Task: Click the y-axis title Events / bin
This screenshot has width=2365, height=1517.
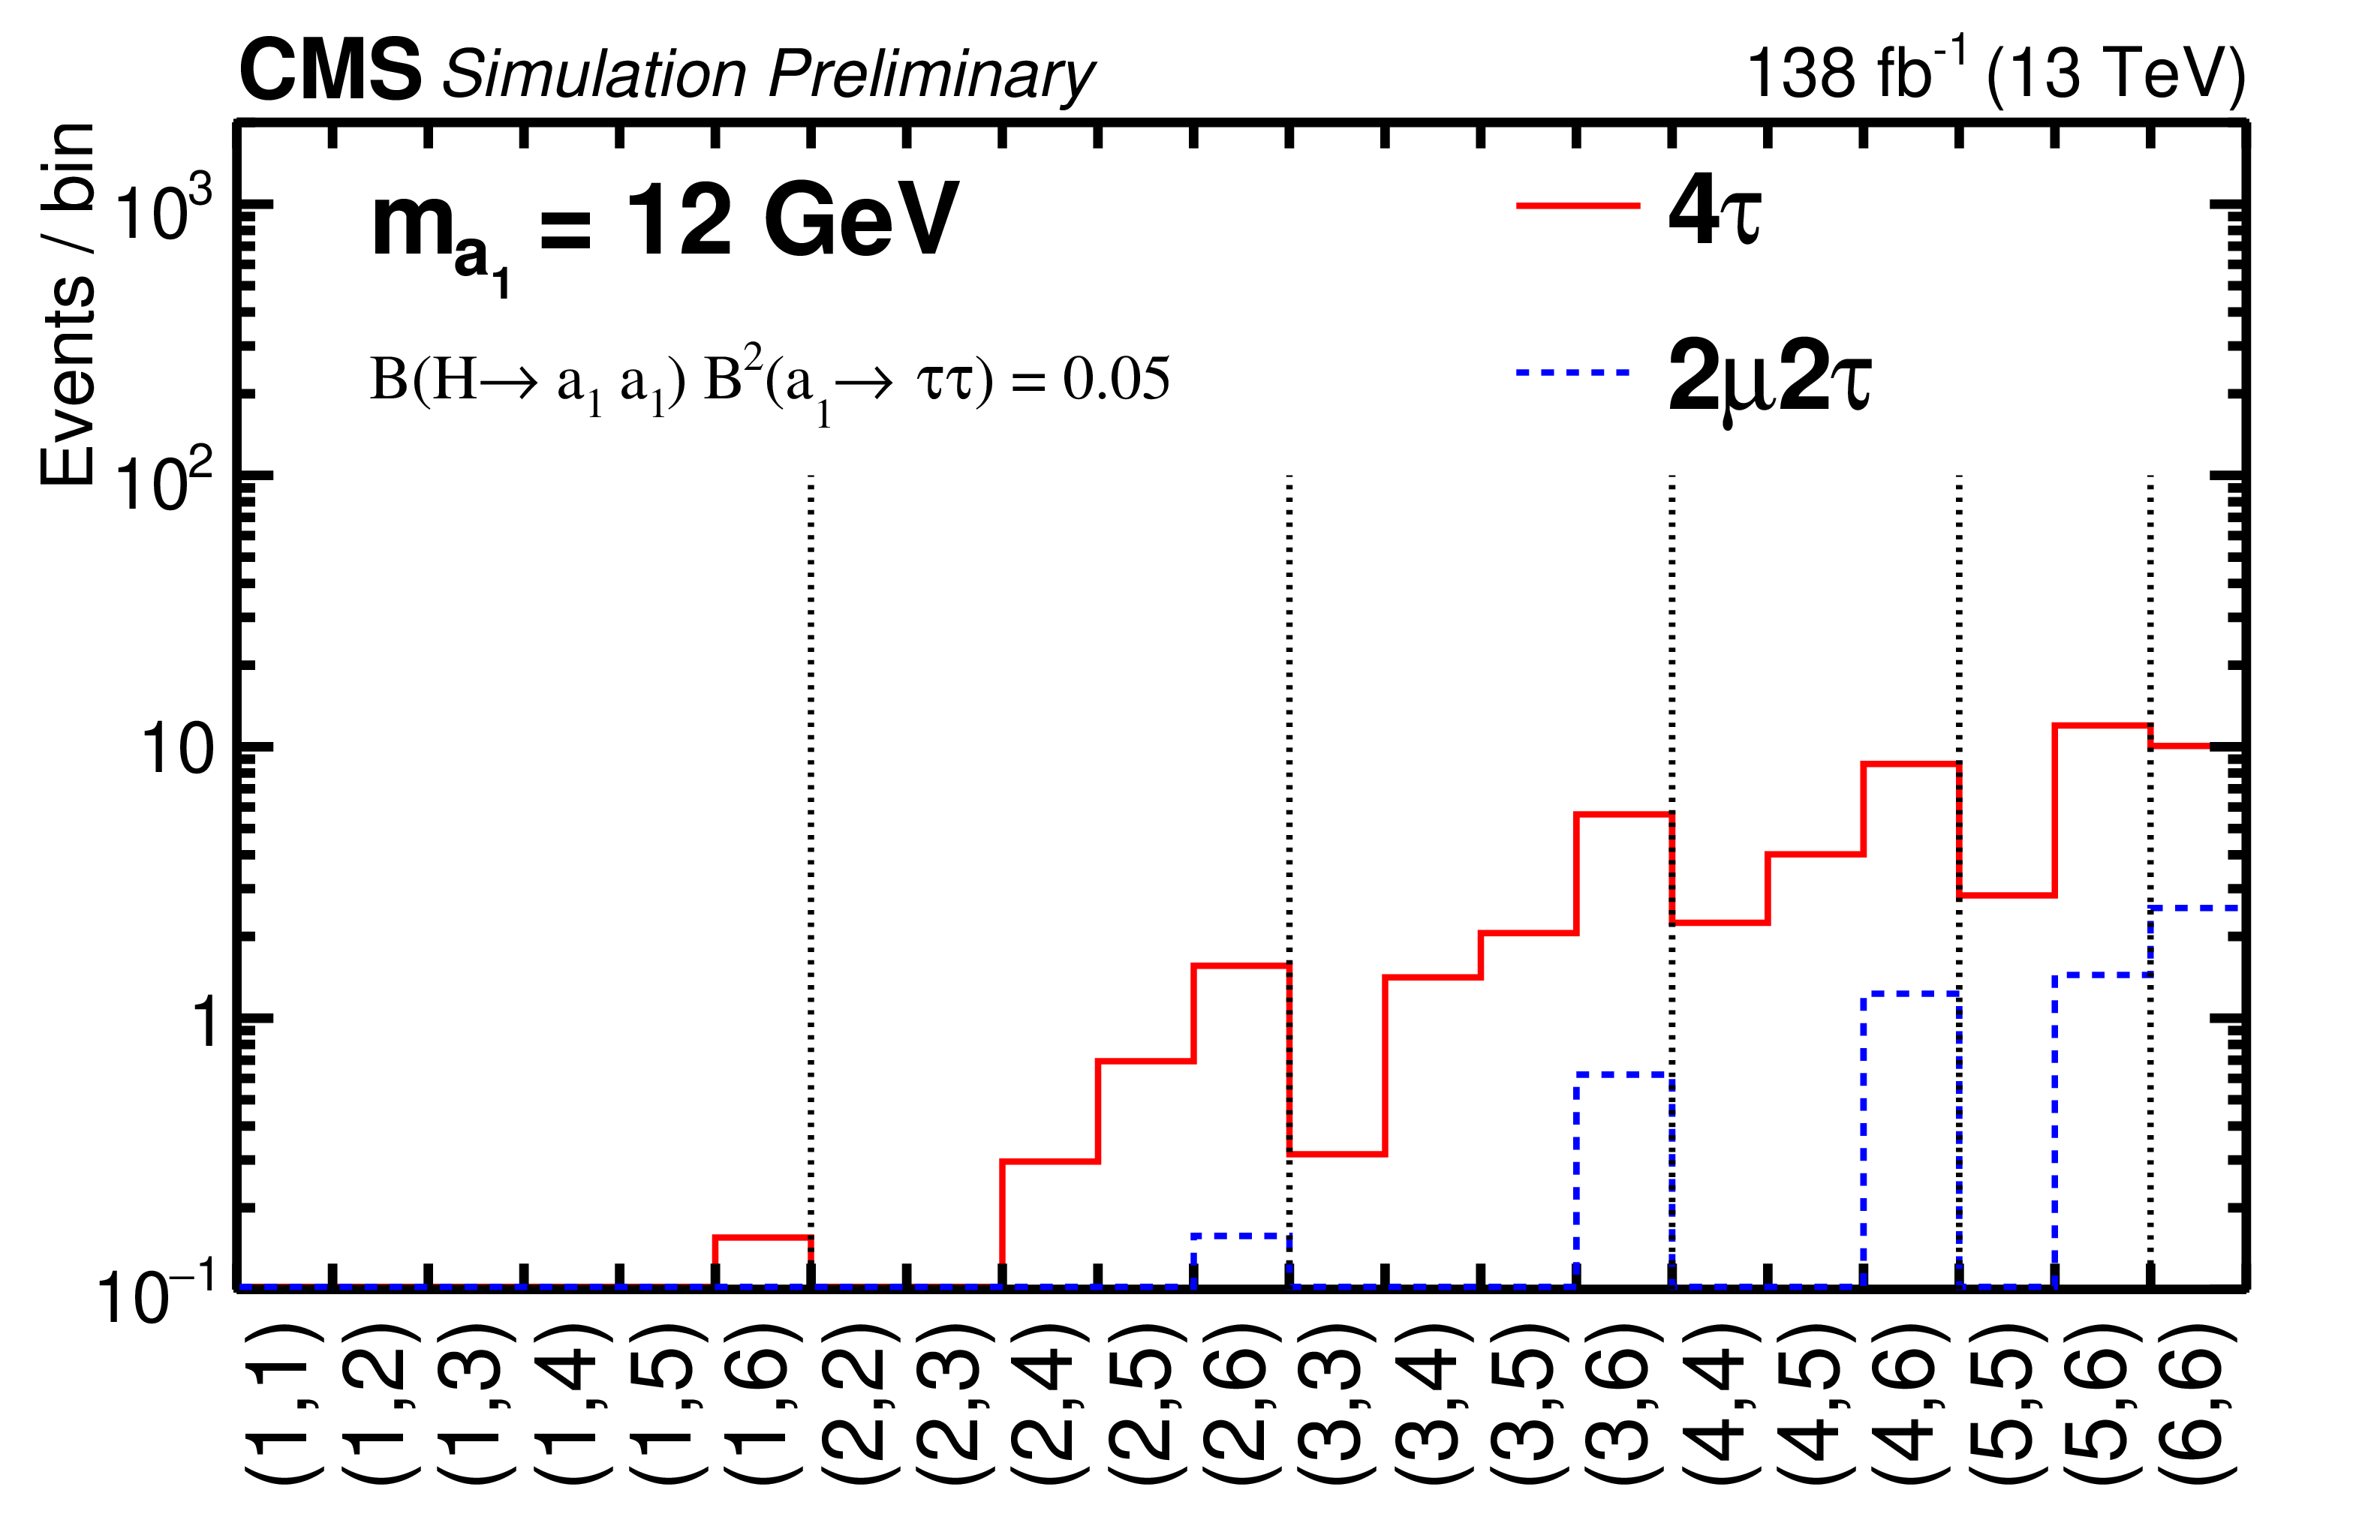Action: [x=67, y=305]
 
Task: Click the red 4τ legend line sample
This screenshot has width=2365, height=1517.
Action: [x=1577, y=206]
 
